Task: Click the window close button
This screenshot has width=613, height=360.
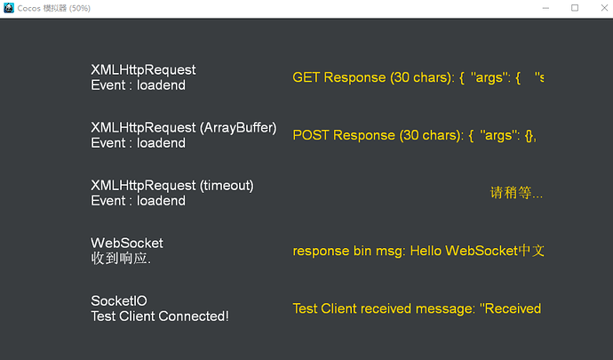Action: point(600,8)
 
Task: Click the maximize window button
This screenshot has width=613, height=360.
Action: point(575,8)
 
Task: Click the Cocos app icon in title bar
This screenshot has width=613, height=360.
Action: point(9,8)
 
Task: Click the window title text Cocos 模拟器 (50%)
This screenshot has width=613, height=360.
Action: point(53,8)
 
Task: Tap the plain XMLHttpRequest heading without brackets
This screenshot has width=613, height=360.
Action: point(143,69)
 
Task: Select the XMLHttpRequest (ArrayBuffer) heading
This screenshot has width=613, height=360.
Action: point(183,127)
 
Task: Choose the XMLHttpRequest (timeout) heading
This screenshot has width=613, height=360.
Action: point(171,185)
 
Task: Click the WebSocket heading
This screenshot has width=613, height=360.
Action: point(127,243)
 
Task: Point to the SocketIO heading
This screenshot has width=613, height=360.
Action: point(119,301)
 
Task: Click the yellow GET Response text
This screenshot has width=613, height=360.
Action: point(418,77)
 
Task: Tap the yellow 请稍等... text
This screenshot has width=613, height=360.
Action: point(516,193)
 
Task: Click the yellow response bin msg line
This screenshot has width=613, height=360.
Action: point(418,251)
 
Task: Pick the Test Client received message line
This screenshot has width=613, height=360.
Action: point(417,308)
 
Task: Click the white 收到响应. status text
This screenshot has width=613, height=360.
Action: point(121,259)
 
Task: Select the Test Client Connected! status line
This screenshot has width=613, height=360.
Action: point(160,316)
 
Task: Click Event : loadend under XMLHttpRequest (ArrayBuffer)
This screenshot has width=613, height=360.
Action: point(138,143)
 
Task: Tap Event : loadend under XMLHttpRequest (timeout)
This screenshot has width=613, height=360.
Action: point(138,201)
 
